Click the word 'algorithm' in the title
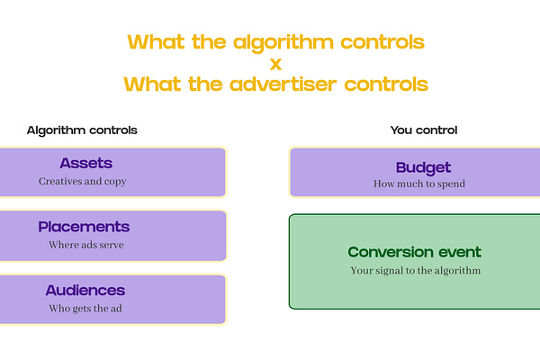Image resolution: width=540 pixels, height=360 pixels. click(x=283, y=43)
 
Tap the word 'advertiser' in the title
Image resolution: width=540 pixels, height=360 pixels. click(x=283, y=85)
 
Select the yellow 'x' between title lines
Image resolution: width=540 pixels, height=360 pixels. click(x=276, y=64)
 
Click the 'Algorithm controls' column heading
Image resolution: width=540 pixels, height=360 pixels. click(x=82, y=130)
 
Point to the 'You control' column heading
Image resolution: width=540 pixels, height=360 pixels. click(x=424, y=130)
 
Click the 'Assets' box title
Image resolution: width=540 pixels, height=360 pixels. click(x=86, y=163)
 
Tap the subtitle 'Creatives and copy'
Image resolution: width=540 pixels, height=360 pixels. click(x=82, y=181)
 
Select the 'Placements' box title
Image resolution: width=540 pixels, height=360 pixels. click(x=84, y=227)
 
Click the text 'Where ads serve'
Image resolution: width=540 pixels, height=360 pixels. click(x=86, y=245)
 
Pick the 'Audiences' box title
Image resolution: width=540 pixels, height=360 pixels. click(x=85, y=291)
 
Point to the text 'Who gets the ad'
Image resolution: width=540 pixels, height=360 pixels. click(x=85, y=309)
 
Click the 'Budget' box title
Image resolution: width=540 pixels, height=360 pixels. click(x=423, y=168)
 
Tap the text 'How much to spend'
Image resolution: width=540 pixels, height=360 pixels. click(x=419, y=184)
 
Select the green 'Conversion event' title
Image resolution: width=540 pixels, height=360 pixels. click(x=415, y=252)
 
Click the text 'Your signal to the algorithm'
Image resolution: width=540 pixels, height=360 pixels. click(x=416, y=271)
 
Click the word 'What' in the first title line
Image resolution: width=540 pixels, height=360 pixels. click(x=156, y=42)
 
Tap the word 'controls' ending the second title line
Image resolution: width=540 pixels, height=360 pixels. click(x=386, y=85)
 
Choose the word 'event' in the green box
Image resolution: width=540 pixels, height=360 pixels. click(x=460, y=253)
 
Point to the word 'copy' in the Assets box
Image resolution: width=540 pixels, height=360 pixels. click(x=115, y=182)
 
